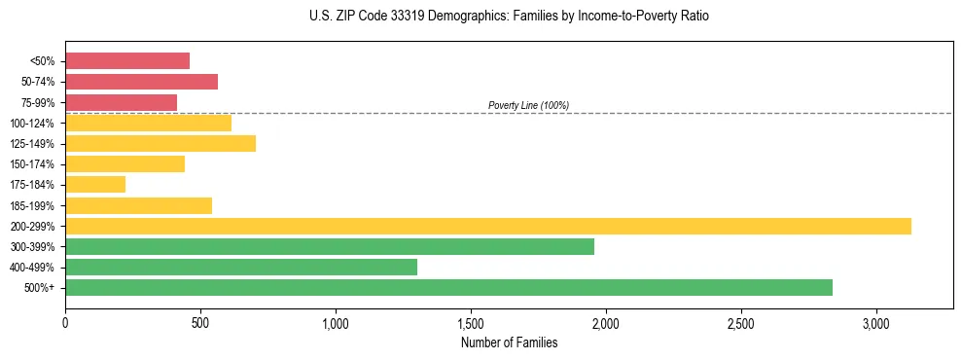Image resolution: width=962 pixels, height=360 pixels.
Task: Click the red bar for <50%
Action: pos(127,61)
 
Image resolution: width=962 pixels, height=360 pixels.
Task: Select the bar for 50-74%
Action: pos(141,82)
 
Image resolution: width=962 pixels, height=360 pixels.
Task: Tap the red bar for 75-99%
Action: pos(121,102)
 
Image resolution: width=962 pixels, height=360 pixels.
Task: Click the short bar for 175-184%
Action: pos(95,185)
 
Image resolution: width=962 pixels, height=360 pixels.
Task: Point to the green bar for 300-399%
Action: pos(330,246)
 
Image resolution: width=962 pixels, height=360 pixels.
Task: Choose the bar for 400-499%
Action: pos(241,267)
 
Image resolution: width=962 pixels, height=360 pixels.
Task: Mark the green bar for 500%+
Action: pos(448,287)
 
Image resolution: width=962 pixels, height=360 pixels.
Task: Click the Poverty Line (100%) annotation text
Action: pos(528,105)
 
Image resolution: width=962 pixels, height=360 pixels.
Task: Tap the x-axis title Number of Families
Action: pos(509,342)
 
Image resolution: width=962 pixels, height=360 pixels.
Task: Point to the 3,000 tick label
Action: pos(875,323)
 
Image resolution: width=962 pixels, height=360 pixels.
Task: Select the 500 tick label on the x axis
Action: pos(200,323)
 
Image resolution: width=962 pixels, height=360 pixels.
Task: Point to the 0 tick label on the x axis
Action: pos(65,323)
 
